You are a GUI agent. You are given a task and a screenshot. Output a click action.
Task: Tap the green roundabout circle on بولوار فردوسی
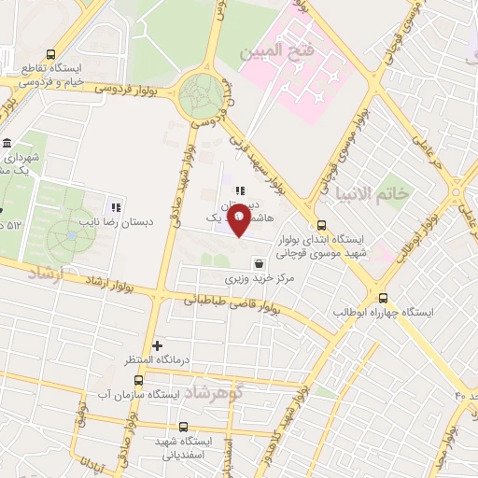click(202, 93)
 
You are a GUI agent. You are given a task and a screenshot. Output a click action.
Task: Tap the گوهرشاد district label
click(214, 389)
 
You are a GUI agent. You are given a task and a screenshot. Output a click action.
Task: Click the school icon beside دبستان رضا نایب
click(116, 206)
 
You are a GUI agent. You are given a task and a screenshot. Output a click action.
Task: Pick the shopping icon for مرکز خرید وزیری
click(256, 263)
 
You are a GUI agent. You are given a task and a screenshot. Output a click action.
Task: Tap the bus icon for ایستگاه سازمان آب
click(139, 380)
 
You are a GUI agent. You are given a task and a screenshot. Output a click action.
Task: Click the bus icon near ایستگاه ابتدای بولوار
click(322, 224)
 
